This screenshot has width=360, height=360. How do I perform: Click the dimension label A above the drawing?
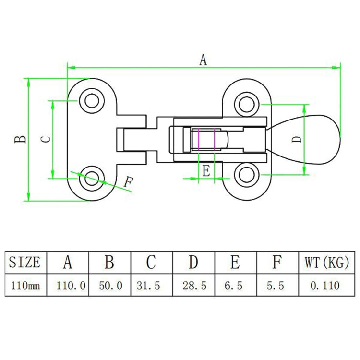point(203,60)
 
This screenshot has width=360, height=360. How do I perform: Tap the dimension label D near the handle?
point(298,139)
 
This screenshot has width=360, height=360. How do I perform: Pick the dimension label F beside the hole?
point(128,182)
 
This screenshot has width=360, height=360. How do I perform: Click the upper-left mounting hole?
point(91,101)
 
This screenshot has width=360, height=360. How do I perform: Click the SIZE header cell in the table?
point(25,263)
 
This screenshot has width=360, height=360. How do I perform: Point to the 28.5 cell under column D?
point(194,286)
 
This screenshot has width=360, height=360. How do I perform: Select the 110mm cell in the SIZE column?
point(25,286)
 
